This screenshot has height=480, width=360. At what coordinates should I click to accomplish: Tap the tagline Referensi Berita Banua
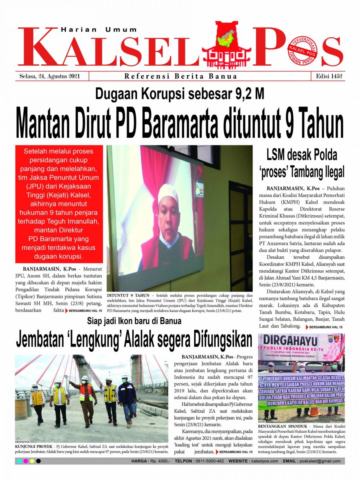click(180, 76)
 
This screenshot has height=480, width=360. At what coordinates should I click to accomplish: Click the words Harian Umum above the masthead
click(99, 30)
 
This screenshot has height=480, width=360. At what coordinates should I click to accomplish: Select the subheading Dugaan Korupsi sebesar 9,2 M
click(180, 94)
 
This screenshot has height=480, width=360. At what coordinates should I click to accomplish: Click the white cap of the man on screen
click(168, 193)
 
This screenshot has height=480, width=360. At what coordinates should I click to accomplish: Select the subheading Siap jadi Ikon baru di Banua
click(134, 321)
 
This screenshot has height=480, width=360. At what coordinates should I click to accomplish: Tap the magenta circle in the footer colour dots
click(26, 461)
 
